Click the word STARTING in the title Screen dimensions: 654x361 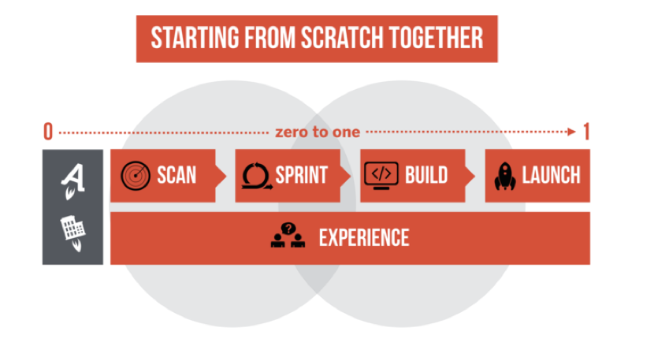coord(195,38)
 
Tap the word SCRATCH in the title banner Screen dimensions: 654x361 coord(342,38)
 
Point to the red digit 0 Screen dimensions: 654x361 coord(48,132)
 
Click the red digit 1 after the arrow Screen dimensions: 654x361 coord(586,132)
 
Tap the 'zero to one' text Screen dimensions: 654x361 coord(318,132)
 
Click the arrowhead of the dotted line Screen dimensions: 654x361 coord(571,132)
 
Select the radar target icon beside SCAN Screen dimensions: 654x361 coord(136,176)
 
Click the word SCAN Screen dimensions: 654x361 coord(177,175)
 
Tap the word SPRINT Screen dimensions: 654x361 coord(301,175)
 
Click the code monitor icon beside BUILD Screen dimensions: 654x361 coord(381,176)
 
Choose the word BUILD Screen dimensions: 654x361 coord(426,175)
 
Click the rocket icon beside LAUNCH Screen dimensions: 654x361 coord(505,176)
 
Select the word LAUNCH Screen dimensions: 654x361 coord(551,175)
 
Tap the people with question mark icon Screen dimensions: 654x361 coord(288,235)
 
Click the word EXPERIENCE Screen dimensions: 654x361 coord(364,238)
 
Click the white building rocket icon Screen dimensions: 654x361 coord(74,233)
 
